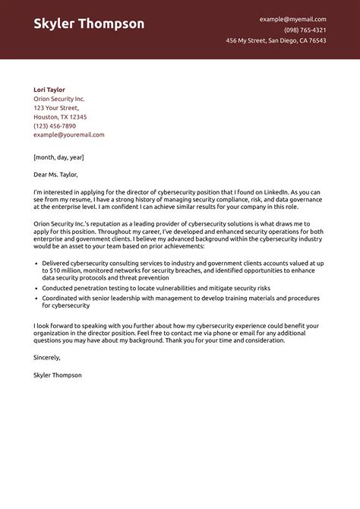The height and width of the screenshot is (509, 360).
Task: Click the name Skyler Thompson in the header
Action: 89,24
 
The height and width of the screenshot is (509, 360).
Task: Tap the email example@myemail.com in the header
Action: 292,19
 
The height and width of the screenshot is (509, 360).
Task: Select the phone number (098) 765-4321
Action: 305,30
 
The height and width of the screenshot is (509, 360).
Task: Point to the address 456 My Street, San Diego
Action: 276,40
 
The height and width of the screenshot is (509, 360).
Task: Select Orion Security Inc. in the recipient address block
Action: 59,99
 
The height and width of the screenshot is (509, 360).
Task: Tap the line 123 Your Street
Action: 55,108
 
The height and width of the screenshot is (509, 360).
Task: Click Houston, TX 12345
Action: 60,117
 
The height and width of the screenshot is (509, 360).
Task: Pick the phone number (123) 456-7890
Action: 55,126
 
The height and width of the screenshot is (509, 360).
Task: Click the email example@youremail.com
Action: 69,134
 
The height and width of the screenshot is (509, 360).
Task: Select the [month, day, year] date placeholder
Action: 58,156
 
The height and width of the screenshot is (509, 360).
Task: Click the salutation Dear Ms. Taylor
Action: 60,175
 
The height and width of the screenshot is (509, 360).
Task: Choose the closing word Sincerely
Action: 47,357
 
